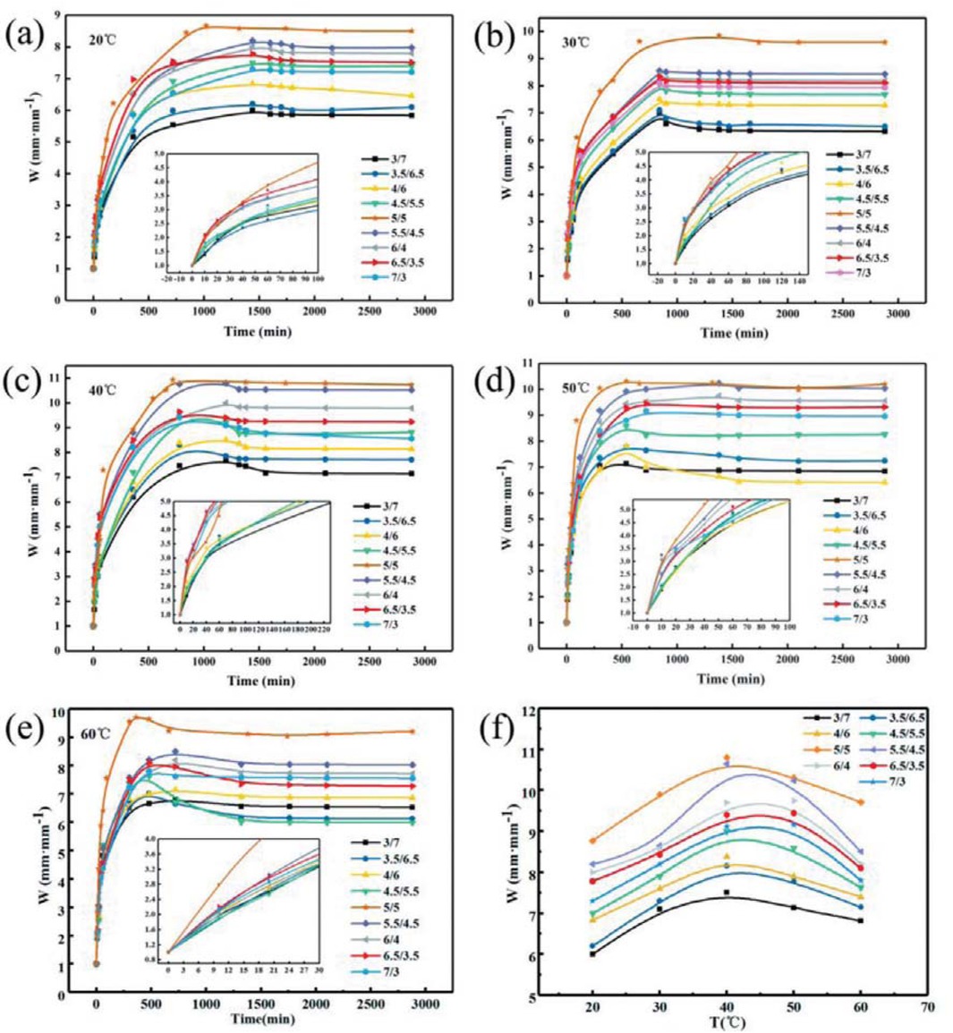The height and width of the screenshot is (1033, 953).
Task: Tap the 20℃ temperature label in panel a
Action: [x=100, y=39]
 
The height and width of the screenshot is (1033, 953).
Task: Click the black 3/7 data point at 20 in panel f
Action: [x=592, y=953]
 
